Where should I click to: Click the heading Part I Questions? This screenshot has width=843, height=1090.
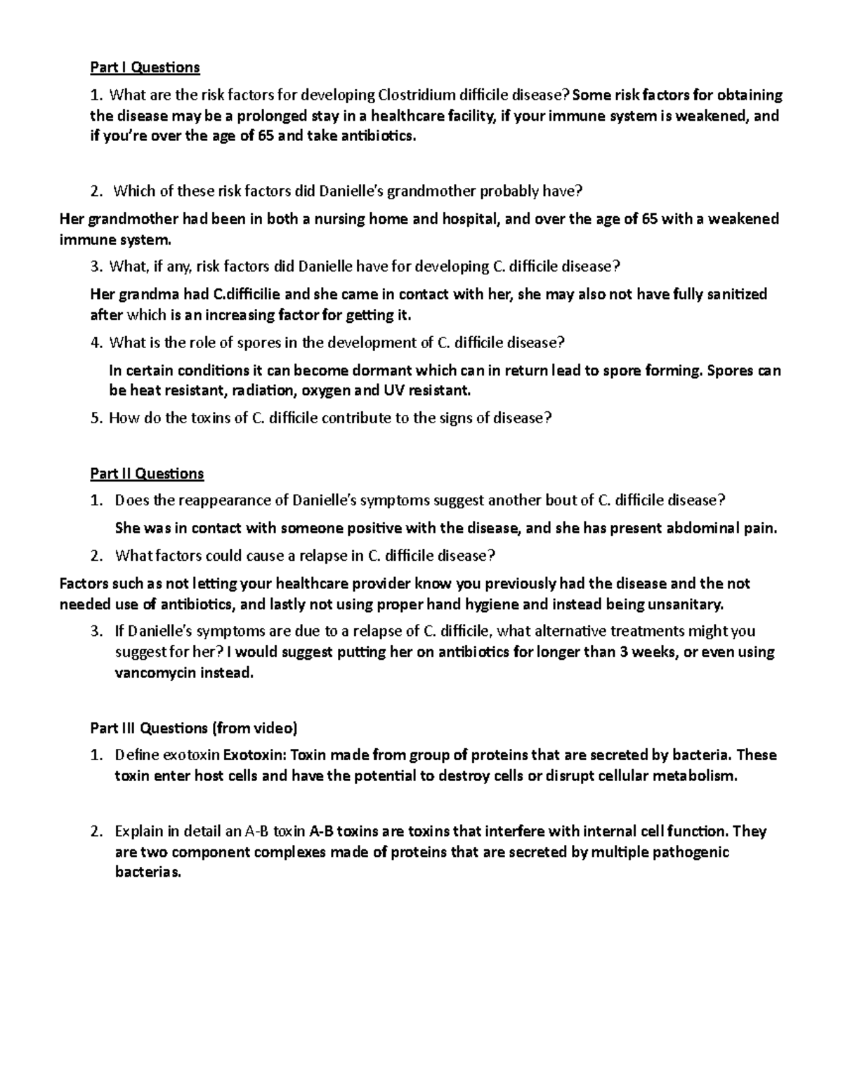click(x=145, y=67)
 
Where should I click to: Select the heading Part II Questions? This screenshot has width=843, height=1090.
click(x=147, y=474)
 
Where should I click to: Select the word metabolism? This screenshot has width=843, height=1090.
click(x=695, y=776)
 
